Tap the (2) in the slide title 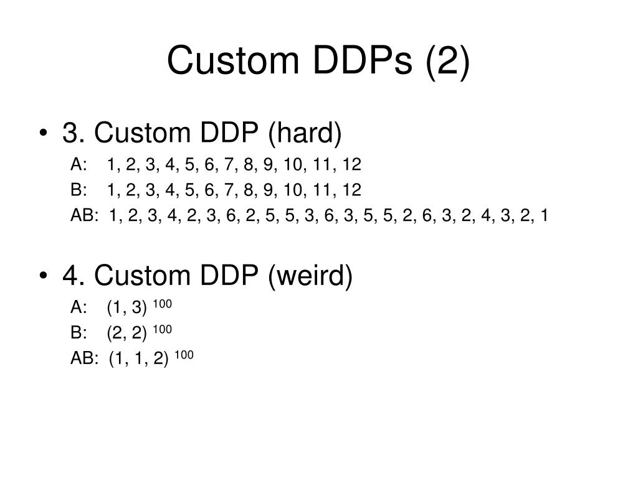pos(447,61)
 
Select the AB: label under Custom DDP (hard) pos(85,215)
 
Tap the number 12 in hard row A pos(351,165)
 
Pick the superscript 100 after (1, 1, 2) pos(184,354)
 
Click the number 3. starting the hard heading pos(74,133)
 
